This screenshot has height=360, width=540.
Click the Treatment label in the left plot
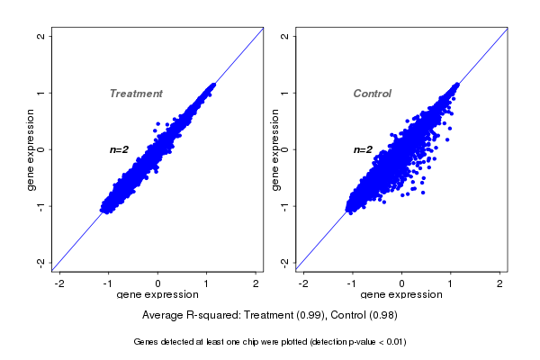[x=136, y=94]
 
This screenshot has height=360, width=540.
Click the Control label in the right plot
[x=372, y=94]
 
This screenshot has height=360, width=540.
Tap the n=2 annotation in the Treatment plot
[x=121, y=149]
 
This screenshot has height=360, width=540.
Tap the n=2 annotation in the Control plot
[x=363, y=149]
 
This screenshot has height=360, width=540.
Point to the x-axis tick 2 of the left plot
[x=256, y=283]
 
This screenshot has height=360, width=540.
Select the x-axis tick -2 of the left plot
[x=59, y=283]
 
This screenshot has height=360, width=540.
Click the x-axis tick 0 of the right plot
[x=402, y=283]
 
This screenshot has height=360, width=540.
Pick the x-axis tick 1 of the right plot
[x=451, y=283]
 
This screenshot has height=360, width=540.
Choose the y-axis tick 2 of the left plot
[x=40, y=37]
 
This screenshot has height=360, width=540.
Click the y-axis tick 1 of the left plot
[x=40, y=93]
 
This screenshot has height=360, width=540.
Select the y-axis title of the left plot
[x=31, y=149]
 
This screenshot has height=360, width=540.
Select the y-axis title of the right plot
[x=275, y=149]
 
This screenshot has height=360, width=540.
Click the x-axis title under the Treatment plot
[x=157, y=295]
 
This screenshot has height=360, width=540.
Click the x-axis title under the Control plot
[x=401, y=295]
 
